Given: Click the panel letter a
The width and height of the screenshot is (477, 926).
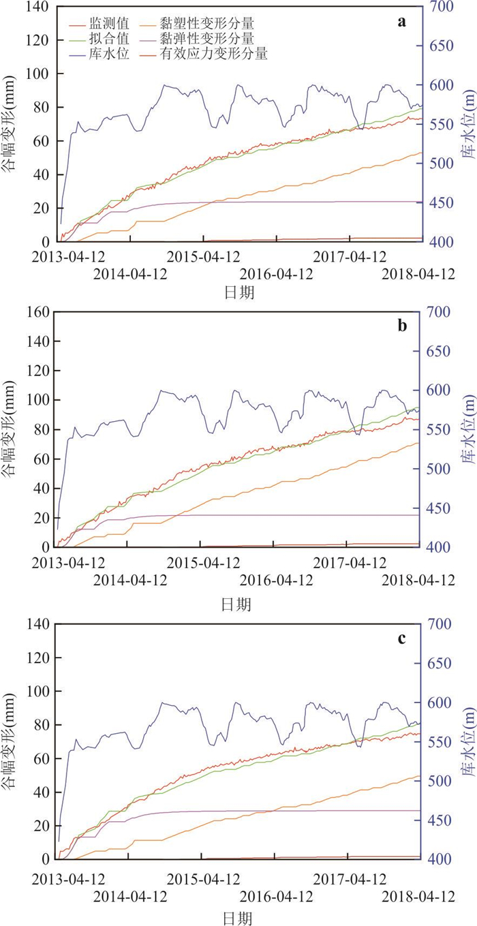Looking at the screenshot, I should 402,22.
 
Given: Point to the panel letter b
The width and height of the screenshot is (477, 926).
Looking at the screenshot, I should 402,325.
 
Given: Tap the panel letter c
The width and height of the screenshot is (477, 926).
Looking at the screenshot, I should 402,638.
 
